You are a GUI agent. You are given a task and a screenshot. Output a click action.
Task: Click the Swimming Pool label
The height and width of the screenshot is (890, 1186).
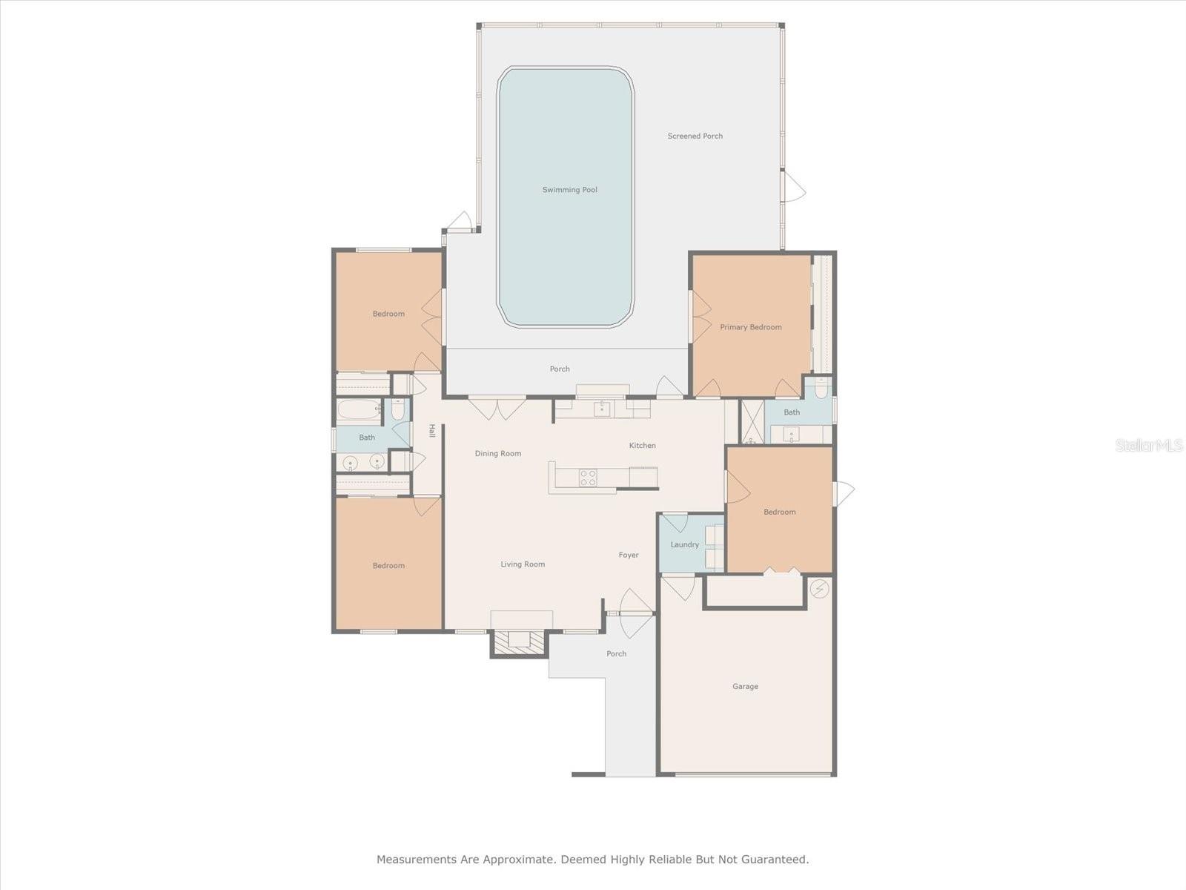tap(569, 190)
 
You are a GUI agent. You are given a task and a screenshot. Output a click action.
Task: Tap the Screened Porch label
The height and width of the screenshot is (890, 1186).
tap(695, 136)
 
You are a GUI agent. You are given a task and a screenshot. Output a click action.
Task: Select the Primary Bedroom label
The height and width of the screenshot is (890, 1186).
tap(750, 327)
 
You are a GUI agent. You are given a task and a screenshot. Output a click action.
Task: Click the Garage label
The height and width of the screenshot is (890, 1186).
tap(745, 686)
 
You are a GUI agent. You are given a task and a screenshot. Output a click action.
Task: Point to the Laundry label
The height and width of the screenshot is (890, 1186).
tap(685, 544)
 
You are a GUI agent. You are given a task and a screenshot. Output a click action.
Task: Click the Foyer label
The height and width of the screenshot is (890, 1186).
tap(629, 555)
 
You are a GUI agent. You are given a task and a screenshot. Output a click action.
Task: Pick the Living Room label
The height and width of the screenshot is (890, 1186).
tap(523, 564)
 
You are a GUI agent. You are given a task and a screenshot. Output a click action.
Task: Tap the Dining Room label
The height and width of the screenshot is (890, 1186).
tap(497, 453)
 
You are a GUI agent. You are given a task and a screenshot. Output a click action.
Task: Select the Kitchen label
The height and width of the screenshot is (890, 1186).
tap(643, 445)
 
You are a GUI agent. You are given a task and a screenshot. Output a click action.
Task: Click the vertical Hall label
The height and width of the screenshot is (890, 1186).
tap(431, 431)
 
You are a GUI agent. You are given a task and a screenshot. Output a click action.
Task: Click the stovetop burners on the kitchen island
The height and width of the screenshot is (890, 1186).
tap(589, 478)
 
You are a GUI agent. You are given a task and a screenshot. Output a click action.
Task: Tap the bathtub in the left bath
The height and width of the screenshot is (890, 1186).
tap(360, 411)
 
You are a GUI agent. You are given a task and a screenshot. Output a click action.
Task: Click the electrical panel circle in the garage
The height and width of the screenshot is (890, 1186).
tap(819, 588)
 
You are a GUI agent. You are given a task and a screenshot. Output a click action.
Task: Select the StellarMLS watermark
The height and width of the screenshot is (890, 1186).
tap(1149, 445)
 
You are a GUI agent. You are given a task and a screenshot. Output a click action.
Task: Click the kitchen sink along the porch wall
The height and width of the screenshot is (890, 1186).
tap(603, 409)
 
